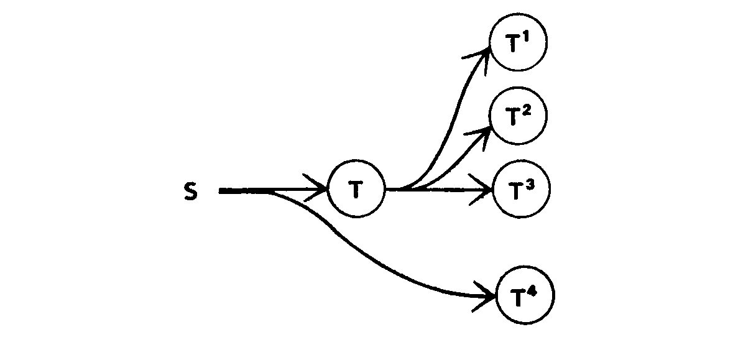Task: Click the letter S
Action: coord(191,192)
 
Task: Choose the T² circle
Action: coord(518,116)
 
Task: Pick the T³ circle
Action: coord(521,190)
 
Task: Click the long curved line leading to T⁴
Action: coord(373,261)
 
